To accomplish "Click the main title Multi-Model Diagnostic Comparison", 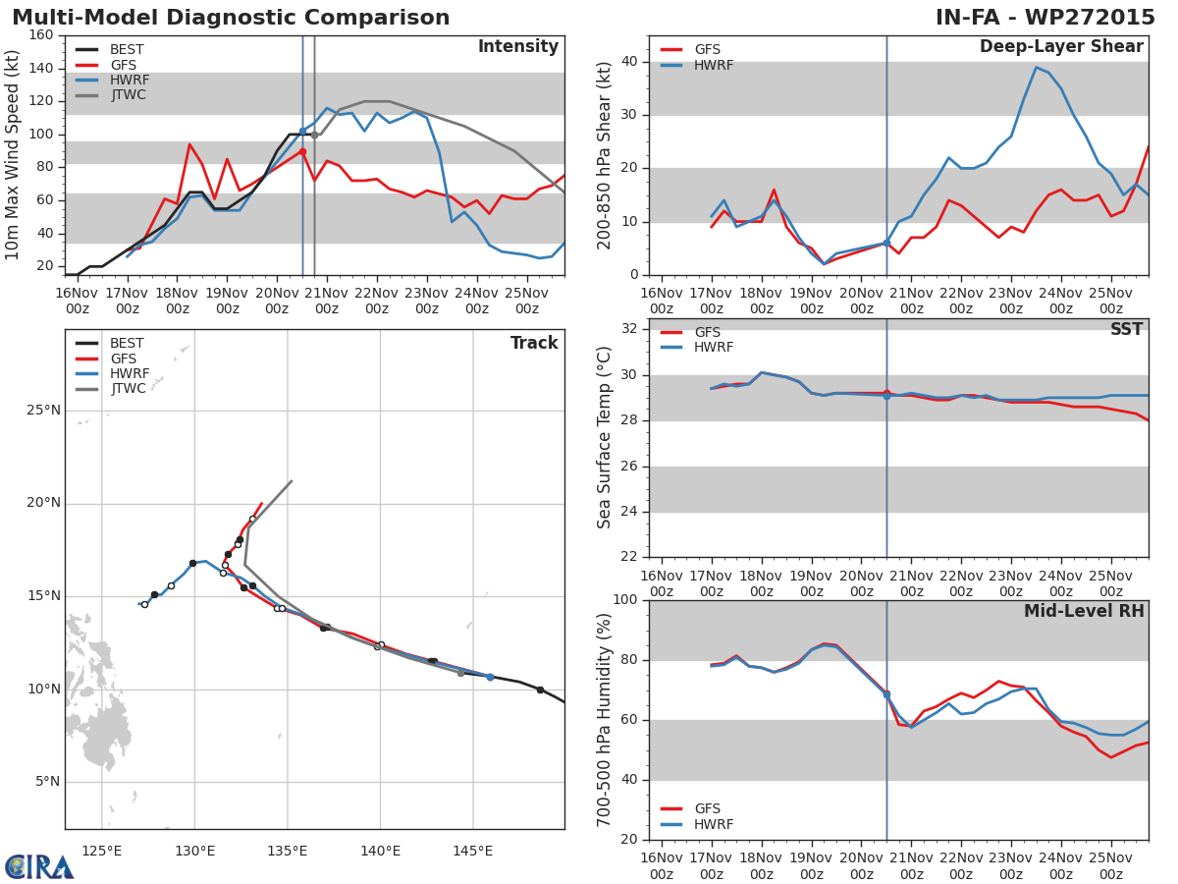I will tap(231, 18).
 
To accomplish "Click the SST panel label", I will tap(1126, 330).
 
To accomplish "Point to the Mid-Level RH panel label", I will tap(1083, 612).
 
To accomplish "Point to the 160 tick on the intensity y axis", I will tap(40, 35).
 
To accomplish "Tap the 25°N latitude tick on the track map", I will tap(43, 411).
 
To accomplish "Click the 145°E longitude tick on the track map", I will tap(472, 851).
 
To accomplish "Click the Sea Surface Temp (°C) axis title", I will tap(606, 437).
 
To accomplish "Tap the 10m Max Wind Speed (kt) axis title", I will tap(14, 155).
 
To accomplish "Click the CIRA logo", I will tap(39, 866).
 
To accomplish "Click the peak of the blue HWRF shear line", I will tap(1036, 67).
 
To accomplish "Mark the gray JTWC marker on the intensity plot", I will tap(314, 135).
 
